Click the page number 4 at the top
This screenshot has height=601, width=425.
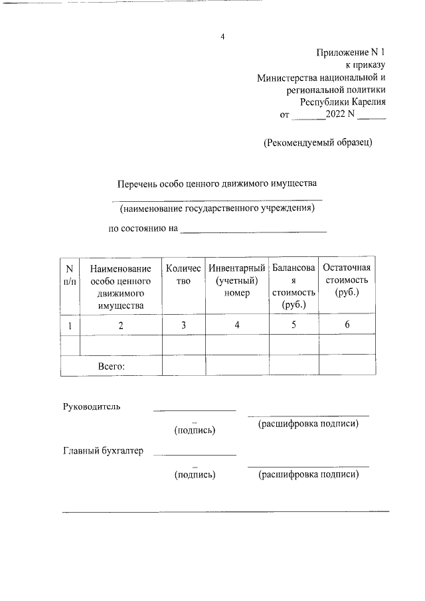point(223,37)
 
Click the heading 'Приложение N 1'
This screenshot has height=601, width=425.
point(351,52)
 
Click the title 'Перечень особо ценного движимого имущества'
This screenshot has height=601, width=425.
point(218,183)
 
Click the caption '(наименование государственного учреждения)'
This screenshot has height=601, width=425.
point(216,209)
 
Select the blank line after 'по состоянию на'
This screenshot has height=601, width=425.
point(254,230)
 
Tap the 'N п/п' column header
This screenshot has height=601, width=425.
point(69,274)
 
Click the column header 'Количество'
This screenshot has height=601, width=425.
point(183,274)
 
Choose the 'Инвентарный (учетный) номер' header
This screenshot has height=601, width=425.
point(236,280)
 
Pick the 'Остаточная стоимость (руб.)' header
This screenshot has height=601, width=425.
point(347,280)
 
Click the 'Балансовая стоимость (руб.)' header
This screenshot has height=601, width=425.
point(294,286)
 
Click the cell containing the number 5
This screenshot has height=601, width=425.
point(294,325)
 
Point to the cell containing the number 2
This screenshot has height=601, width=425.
point(120,325)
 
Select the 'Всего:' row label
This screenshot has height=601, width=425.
point(112,365)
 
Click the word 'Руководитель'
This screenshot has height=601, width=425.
point(92,406)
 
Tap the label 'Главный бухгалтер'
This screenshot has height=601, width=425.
point(103,452)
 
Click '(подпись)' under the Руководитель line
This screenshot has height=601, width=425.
point(195,430)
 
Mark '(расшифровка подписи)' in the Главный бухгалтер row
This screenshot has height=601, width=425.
point(309,474)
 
